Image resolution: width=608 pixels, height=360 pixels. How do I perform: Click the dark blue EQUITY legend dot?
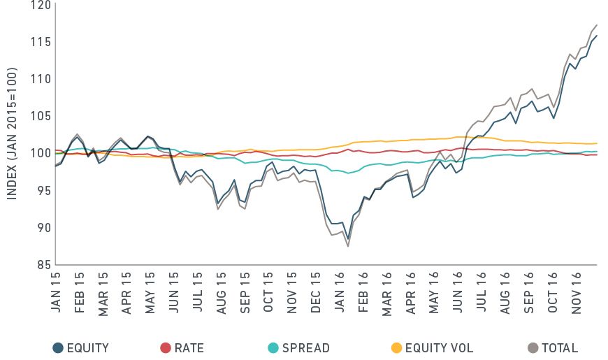(x=57, y=347)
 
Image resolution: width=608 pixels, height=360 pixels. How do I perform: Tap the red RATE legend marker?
(x=165, y=347)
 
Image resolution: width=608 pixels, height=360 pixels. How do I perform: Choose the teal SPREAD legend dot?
(x=273, y=347)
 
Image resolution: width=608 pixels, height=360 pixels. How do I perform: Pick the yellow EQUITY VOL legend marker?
(x=396, y=347)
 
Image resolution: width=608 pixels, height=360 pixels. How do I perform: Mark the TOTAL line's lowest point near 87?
(x=348, y=246)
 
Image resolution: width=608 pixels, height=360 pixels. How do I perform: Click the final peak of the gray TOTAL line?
(x=596, y=24)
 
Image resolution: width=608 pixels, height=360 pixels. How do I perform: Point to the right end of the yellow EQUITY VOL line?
(x=596, y=143)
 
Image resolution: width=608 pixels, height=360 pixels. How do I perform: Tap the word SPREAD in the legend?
(x=306, y=347)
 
